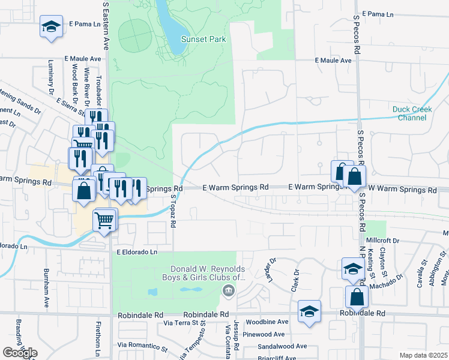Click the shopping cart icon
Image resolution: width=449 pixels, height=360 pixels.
[x=104, y=220]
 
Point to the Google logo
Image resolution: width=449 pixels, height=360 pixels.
[x=20, y=353]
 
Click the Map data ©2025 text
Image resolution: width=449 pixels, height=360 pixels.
[x=423, y=355]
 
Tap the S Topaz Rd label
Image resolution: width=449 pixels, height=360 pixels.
[x=173, y=210]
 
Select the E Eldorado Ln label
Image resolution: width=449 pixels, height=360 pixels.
[x=136, y=253]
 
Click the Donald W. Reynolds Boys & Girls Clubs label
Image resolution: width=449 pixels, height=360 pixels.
[x=208, y=273]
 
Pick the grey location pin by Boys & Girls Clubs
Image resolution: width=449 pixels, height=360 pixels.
[x=228, y=292]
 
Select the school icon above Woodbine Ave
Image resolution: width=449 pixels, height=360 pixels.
[x=309, y=311]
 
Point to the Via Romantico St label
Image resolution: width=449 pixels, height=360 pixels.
[x=142, y=346]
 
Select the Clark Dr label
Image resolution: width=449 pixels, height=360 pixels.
[x=295, y=280]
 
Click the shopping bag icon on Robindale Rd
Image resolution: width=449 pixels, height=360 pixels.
[x=357, y=297]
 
